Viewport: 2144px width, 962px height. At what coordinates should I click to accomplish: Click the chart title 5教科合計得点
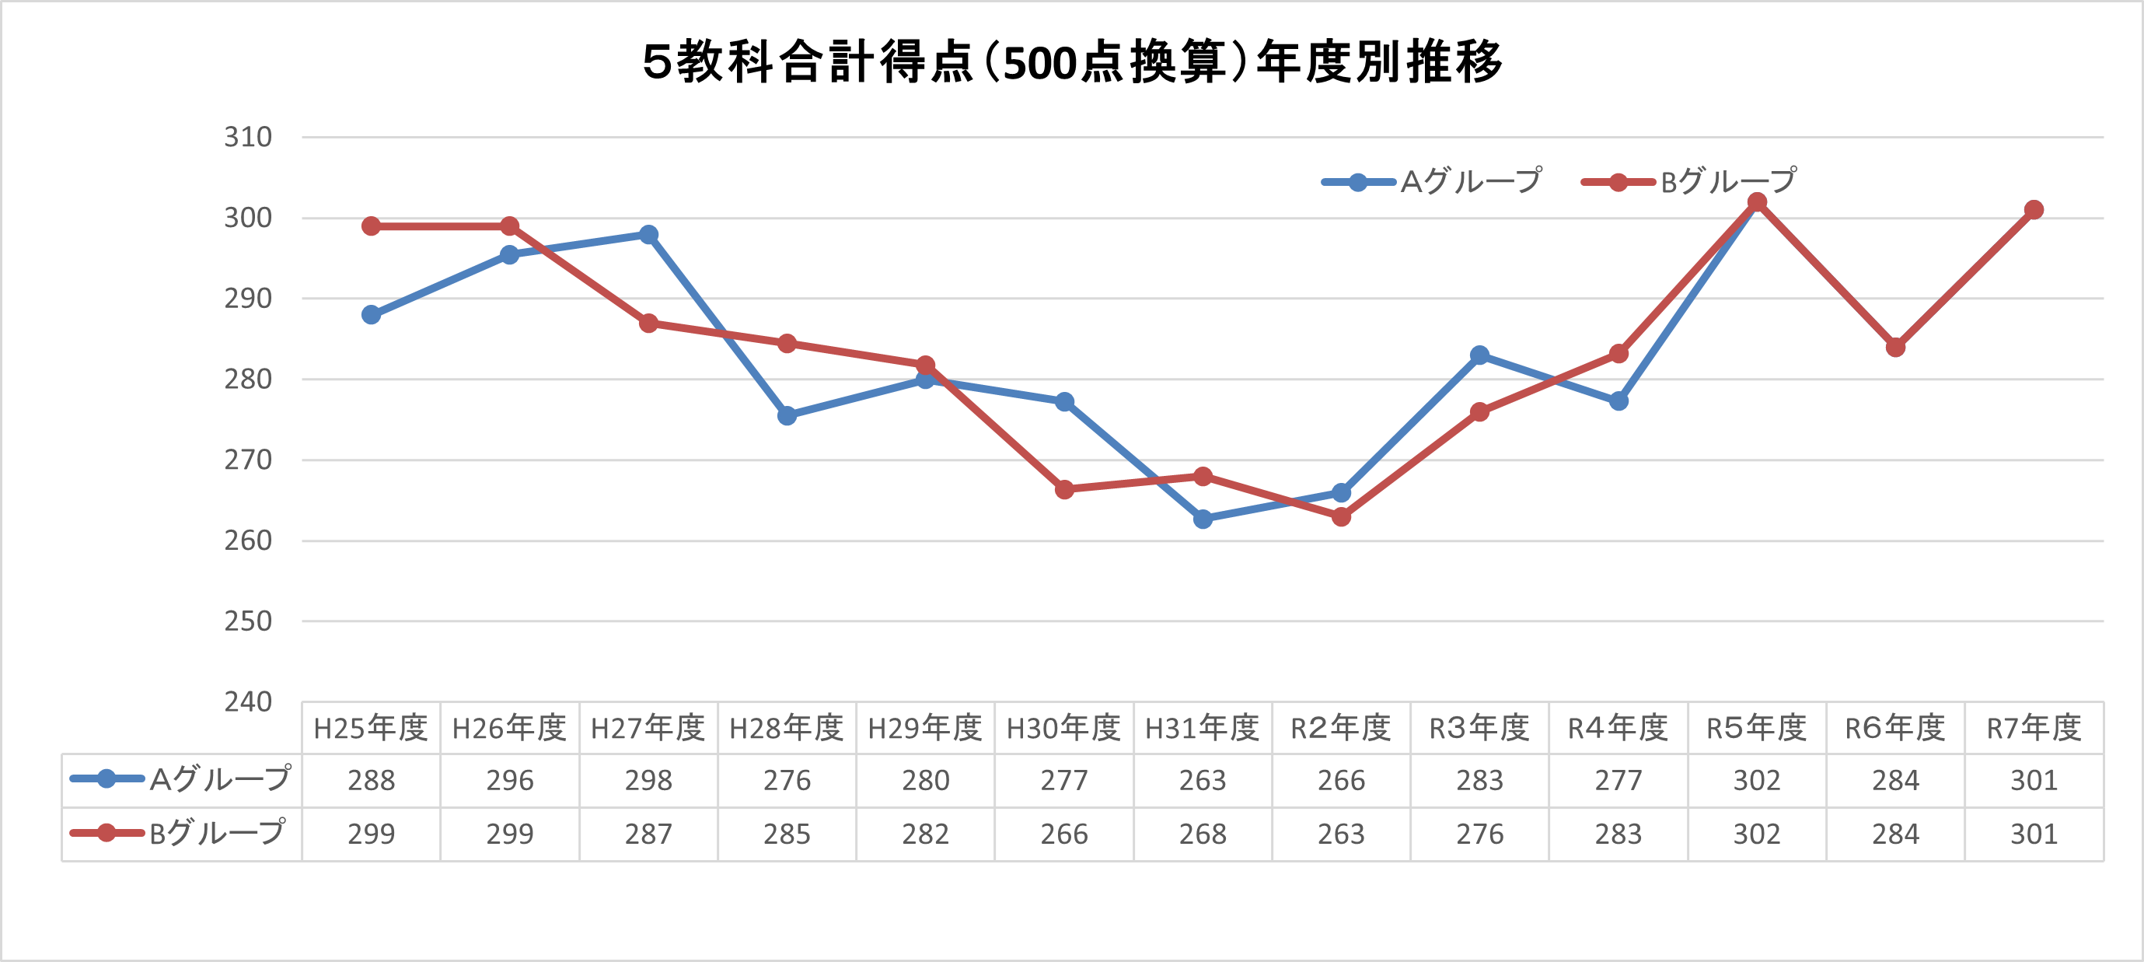(1072, 62)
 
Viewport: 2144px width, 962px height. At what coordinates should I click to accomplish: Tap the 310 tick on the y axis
(247, 138)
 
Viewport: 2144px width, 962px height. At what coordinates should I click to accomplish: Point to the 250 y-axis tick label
(247, 621)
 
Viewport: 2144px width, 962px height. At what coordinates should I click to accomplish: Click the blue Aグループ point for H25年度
(372, 315)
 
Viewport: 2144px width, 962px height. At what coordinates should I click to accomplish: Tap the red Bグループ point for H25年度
(372, 226)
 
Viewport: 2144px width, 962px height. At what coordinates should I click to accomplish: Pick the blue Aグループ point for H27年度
(648, 235)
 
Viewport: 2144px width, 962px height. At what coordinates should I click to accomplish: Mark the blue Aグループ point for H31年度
(1203, 519)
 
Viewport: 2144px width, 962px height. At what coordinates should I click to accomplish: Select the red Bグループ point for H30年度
(1064, 490)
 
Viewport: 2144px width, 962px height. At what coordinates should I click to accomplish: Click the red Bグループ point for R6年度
(1895, 348)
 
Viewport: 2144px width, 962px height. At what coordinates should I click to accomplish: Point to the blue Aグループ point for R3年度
(1480, 355)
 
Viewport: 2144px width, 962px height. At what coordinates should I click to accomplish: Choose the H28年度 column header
(787, 729)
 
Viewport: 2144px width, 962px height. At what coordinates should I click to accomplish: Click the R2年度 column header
(1341, 729)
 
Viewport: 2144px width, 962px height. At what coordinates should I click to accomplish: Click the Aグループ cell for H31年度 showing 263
(1203, 781)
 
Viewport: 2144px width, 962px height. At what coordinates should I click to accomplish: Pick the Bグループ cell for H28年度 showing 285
(787, 834)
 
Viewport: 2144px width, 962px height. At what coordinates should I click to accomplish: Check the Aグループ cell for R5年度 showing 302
(1757, 781)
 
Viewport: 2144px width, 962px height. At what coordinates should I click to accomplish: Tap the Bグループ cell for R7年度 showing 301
(2034, 834)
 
